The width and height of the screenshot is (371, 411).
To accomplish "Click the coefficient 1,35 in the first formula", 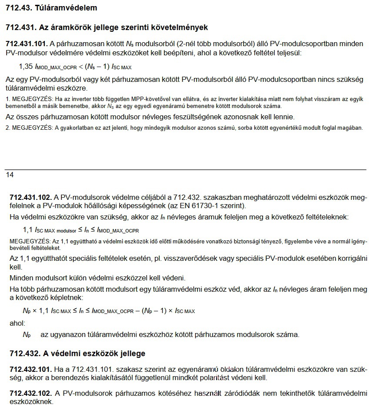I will (x=26, y=67).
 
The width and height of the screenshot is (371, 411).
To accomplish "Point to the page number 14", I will (x=10, y=175).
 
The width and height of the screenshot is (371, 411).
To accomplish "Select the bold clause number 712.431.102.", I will (x=31, y=197).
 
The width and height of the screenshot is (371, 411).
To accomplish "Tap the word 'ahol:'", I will (x=17, y=323).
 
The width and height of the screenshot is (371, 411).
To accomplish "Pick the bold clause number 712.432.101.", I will (x=31, y=370).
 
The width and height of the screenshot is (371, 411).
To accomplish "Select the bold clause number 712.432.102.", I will (x=31, y=394).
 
